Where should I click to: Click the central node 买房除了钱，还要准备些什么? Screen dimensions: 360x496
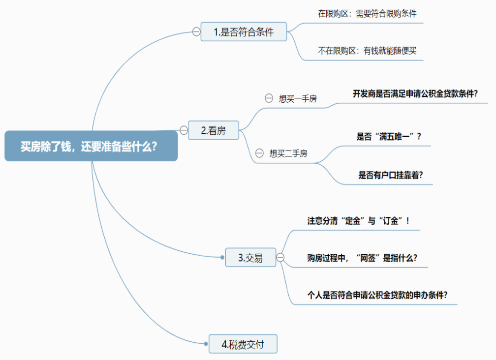click(91, 146)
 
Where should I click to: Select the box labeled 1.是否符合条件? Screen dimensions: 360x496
click(244, 32)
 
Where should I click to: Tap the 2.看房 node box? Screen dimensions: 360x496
click(214, 131)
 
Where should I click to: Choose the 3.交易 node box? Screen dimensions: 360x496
click(250, 257)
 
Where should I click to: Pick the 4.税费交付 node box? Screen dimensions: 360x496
click(243, 344)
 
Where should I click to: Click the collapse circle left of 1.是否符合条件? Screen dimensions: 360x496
click(196, 32)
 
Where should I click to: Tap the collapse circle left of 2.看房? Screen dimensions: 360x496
click(184, 130)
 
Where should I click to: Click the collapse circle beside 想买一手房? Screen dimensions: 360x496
click(269, 98)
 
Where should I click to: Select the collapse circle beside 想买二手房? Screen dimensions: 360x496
click(259, 153)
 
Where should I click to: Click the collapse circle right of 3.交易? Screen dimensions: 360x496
click(280, 257)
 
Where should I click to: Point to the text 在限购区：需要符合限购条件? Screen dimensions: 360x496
click(367, 14)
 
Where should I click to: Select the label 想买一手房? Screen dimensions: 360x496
click(298, 98)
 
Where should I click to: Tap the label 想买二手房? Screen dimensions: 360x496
click(288, 153)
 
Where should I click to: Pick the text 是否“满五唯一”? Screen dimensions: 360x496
click(389, 137)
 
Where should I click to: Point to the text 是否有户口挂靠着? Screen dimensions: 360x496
click(391, 175)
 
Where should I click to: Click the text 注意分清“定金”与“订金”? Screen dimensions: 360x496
click(359, 221)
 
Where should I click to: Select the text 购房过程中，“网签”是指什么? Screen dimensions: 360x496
click(362, 258)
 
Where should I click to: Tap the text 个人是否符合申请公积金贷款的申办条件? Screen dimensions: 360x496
click(377, 295)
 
